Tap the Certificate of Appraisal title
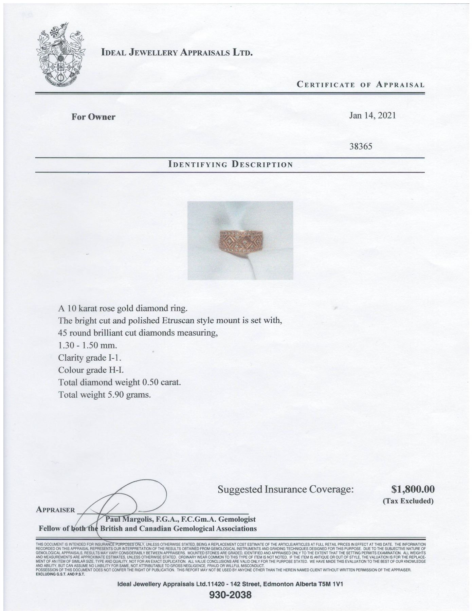tap(361, 85)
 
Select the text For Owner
tap(93, 117)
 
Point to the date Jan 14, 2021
tap(373, 115)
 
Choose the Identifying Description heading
tap(230, 165)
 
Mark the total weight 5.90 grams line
tap(105, 395)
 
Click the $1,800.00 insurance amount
tap(413, 489)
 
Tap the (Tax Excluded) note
tap(408, 501)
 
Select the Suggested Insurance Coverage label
tap(286, 489)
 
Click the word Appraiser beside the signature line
tap(55, 510)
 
